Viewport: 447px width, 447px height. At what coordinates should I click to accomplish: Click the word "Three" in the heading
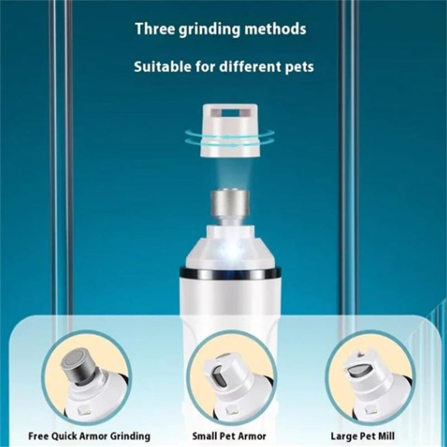(x=154, y=29)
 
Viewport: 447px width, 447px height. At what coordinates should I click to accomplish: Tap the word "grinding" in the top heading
(x=210, y=30)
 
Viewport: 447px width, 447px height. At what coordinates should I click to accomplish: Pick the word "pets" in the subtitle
(x=299, y=68)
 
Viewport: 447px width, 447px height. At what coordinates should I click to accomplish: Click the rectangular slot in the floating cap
(x=230, y=113)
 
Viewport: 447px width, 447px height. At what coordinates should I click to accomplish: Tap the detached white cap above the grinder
(x=230, y=131)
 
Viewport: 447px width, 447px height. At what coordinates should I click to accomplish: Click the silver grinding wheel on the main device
(x=230, y=203)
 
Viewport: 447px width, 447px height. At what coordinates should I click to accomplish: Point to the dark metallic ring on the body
(x=230, y=274)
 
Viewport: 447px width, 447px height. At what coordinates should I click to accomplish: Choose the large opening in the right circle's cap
(x=361, y=370)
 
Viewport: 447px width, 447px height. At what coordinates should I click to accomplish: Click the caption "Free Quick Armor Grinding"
(x=89, y=436)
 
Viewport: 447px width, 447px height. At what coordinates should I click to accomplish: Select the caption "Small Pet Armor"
(x=229, y=436)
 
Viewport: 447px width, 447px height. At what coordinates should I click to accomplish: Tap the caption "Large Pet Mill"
(x=363, y=436)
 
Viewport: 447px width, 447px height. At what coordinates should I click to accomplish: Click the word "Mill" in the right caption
(x=385, y=436)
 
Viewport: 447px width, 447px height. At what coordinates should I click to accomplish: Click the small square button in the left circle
(x=83, y=411)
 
